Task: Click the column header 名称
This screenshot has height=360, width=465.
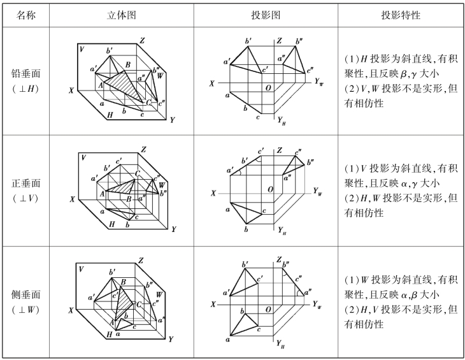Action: point(25,14)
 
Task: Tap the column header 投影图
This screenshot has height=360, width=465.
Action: point(266,14)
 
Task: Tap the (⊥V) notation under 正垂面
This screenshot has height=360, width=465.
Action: point(25,198)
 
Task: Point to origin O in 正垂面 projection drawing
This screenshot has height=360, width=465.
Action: point(270,189)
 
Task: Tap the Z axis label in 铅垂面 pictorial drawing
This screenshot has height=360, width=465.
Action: point(143,41)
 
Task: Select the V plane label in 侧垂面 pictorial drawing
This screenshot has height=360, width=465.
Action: point(81,269)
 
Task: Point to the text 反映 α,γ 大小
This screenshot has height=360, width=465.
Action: point(406,184)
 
